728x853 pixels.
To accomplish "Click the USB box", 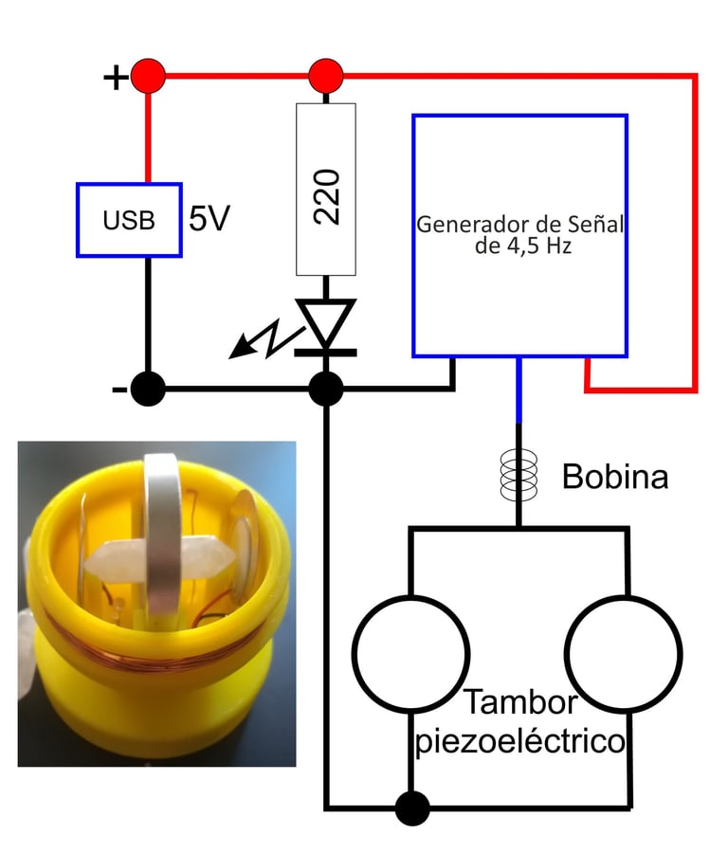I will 128,220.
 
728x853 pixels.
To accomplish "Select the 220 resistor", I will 326,190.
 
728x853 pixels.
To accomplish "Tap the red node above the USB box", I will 148,76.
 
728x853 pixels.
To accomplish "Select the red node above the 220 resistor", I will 326,74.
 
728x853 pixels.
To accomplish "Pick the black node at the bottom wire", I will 411,808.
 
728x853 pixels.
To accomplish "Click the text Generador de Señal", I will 519,226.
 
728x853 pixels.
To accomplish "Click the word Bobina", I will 614,477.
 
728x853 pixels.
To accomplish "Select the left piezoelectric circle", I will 410,653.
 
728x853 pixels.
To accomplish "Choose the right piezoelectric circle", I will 624,653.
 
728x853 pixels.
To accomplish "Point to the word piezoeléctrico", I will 521,740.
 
